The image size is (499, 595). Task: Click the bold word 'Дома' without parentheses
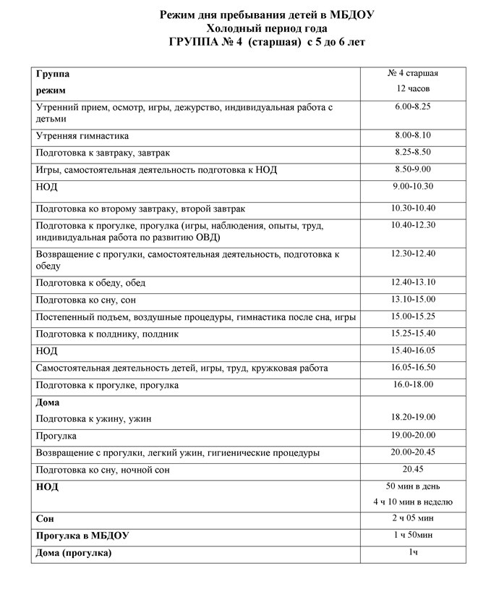point(48,402)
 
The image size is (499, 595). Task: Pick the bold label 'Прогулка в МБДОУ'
point(86,536)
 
